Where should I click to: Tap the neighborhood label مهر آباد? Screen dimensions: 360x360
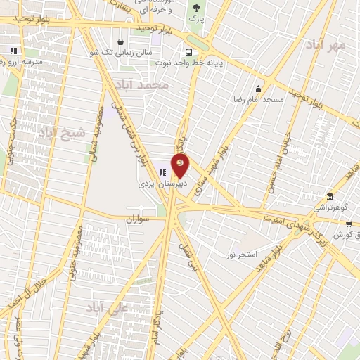pyautogui.click(x=326, y=46)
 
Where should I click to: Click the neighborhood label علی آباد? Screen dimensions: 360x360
pyautogui.click(x=105, y=308)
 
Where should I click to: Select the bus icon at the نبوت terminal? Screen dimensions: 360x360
pyautogui.click(x=188, y=51)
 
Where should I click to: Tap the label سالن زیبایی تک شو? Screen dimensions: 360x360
pyautogui.click(x=120, y=51)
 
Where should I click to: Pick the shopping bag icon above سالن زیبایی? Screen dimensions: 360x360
pyautogui.click(x=121, y=41)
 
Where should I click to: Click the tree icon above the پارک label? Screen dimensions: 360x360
pyautogui.click(x=195, y=8)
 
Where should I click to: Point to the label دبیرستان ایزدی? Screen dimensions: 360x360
pyautogui.click(x=160, y=182)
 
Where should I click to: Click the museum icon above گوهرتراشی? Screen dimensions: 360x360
pyautogui.click(x=330, y=196)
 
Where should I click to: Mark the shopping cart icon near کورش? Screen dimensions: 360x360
pyautogui.click(x=349, y=224)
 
